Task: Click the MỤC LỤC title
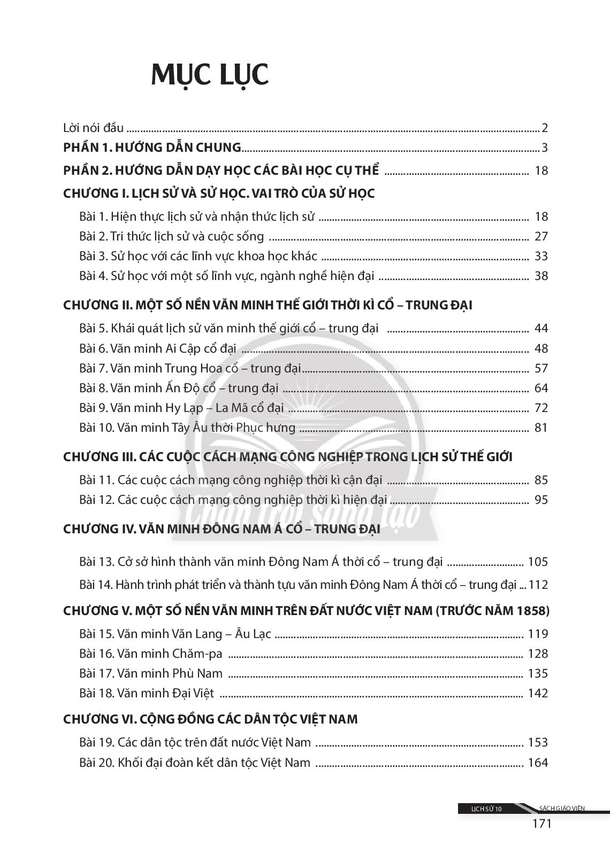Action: [210, 75]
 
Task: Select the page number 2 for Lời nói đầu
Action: [545, 128]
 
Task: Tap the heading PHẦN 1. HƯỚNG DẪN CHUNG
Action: [152, 147]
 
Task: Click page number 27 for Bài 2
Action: [541, 236]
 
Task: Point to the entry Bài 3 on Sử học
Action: [198, 256]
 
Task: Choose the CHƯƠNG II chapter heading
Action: [268, 305]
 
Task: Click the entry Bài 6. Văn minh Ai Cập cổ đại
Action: [158, 348]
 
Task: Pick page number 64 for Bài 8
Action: [541, 388]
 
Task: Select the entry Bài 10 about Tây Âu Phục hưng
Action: [187, 428]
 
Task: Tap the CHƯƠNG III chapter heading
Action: [287, 457]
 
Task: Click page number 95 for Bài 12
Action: [541, 500]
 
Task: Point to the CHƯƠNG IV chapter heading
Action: [222, 529]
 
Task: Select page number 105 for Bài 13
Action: [538, 562]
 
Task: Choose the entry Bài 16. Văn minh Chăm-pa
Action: [151, 654]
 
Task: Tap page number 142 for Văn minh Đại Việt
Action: [538, 693]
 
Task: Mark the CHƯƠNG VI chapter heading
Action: [210, 719]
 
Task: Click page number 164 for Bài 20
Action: [538, 763]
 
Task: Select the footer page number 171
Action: [542, 823]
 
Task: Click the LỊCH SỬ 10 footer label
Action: [486, 809]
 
